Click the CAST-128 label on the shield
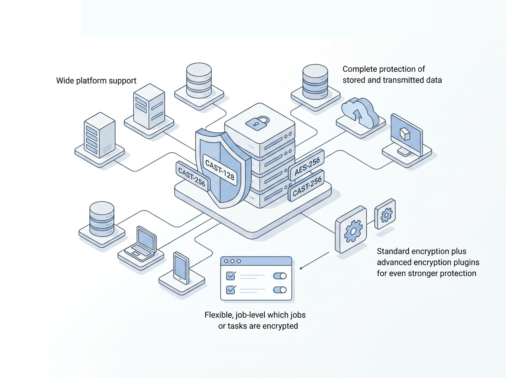coord(219,168)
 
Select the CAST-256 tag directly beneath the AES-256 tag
coord(307,186)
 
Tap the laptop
coord(143,242)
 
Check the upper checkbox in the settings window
coord(231,275)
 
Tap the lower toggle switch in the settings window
coord(280,290)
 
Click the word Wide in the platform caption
coord(65,80)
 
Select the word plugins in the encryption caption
coord(466,262)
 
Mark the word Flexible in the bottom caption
coord(218,315)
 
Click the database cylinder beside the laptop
coord(102,216)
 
